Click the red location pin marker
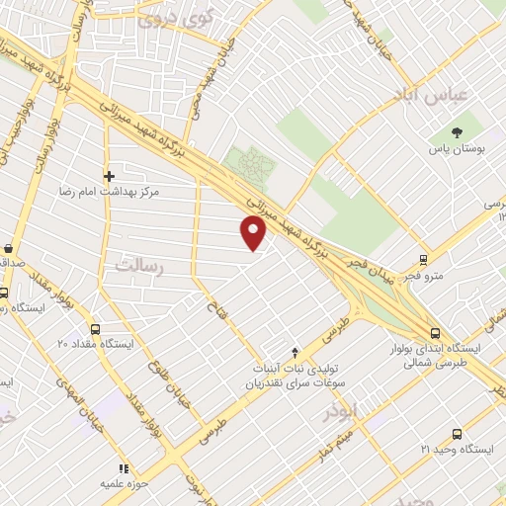point(254,231)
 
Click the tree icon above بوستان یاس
point(456,131)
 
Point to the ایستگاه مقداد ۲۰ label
point(95,345)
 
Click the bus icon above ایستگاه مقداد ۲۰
point(95,330)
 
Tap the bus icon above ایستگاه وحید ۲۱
point(456,434)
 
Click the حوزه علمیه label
point(123,484)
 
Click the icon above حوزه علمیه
point(123,468)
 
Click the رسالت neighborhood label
point(137,265)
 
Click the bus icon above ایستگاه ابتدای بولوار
point(435,333)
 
